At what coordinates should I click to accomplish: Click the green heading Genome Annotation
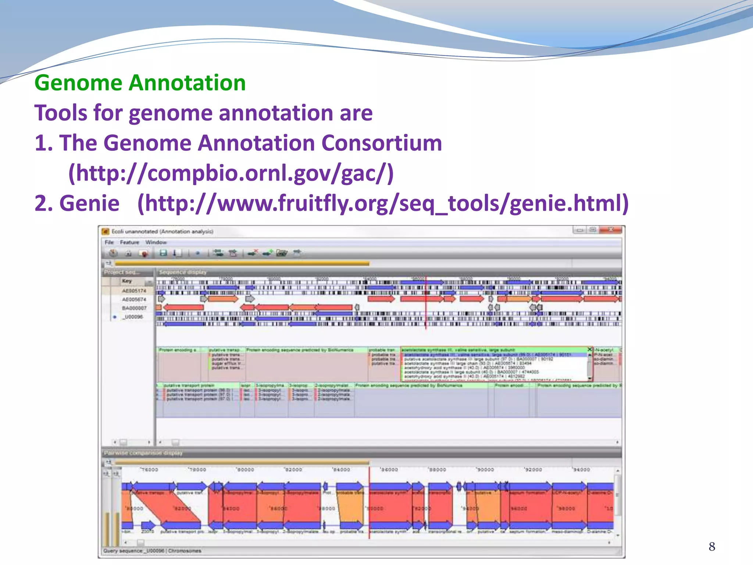tap(140, 83)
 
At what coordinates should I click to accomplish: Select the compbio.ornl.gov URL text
tap(231, 173)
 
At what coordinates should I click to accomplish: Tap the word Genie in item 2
tap(89, 203)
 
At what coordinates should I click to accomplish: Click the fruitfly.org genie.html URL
tap(383, 203)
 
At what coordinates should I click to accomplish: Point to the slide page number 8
tap(712, 547)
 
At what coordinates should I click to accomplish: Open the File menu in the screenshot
tap(109, 242)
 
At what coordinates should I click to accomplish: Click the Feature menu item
tap(129, 242)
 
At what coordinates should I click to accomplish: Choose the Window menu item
tap(156, 242)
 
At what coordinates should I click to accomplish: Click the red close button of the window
tap(611, 230)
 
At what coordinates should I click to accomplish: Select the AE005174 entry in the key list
tap(134, 291)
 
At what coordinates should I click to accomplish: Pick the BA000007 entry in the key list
tap(134, 308)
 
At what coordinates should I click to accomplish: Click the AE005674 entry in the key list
tap(134, 299)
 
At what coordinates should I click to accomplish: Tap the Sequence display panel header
tap(183, 272)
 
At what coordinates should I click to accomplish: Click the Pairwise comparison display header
tap(143, 453)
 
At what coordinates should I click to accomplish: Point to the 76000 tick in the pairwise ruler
tap(149, 470)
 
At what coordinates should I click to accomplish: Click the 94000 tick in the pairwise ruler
tap(581, 470)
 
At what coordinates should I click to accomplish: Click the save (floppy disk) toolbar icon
tap(163, 253)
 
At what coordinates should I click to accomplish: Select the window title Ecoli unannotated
tap(162, 231)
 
